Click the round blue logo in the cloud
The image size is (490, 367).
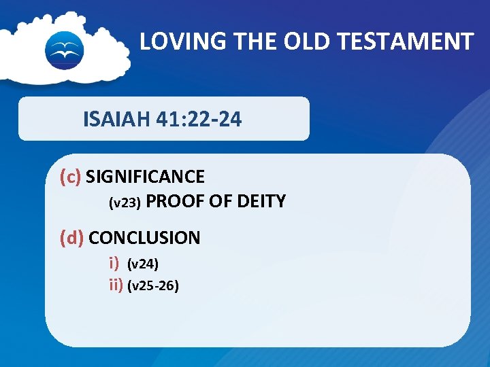click(x=64, y=49)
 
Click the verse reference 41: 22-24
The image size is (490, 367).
click(x=198, y=120)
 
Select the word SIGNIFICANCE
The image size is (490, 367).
click(x=145, y=177)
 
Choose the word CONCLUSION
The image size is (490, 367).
click(x=144, y=239)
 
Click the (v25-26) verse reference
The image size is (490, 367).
click(x=153, y=286)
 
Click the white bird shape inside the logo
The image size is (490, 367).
click(x=64, y=48)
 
